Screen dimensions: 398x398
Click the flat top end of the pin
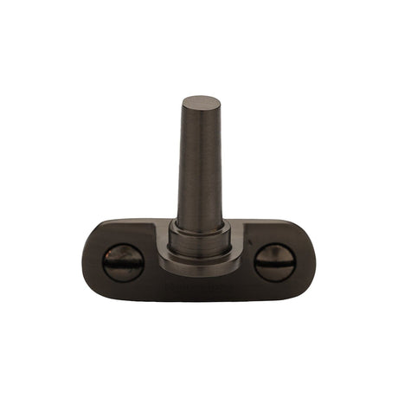(197, 100)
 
